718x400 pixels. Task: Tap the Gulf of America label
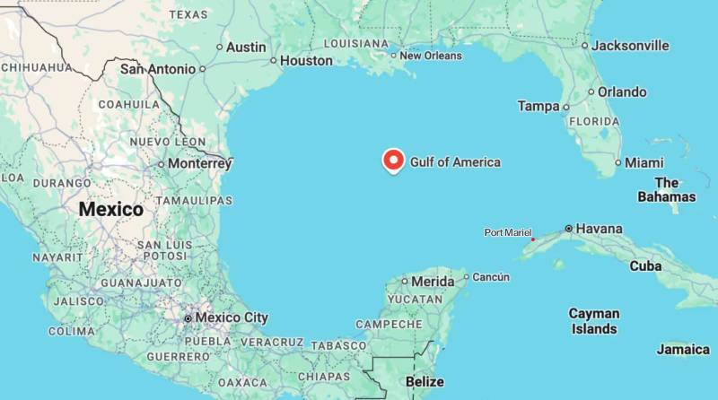(x=455, y=162)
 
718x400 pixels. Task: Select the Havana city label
(x=599, y=229)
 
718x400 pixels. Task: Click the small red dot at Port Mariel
(x=532, y=239)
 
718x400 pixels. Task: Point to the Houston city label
(x=306, y=61)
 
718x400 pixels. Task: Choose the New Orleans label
(x=431, y=56)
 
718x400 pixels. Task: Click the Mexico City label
(x=232, y=317)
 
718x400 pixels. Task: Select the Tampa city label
(x=538, y=106)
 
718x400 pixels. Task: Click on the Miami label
(x=644, y=162)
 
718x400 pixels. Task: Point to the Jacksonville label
(x=632, y=45)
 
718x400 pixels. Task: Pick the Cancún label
(x=491, y=277)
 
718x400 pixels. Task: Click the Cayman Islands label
(x=594, y=321)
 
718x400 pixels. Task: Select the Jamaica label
(x=682, y=349)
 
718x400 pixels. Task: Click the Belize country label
(x=425, y=382)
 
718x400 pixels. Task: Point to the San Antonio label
(x=158, y=68)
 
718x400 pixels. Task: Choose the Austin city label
(x=246, y=47)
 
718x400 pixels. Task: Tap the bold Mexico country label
(x=110, y=209)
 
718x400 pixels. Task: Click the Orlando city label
(x=622, y=91)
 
